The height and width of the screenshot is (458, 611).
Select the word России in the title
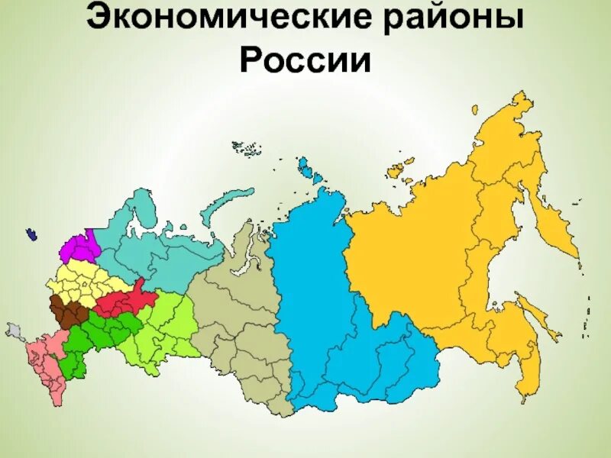click(305, 61)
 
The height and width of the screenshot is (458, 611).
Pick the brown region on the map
click(66, 312)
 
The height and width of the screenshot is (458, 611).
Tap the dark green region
click(99, 336)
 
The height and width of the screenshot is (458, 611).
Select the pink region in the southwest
click(38, 359)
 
